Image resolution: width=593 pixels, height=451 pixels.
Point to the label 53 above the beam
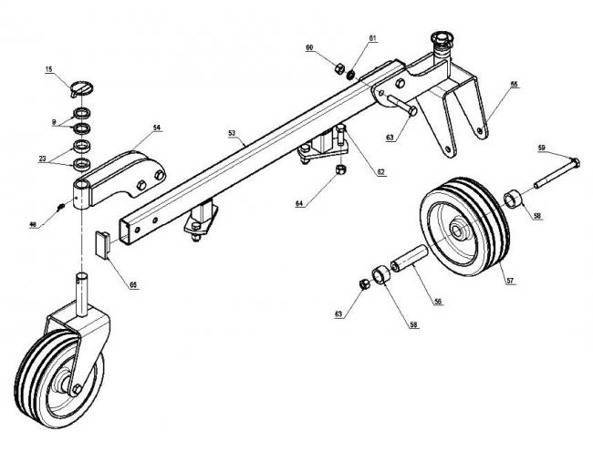pyautogui.click(x=233, y=133)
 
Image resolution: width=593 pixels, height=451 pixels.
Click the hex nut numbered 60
pyautogui.click(x=336, y=68)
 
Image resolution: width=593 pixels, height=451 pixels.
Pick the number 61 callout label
pyautogui.click(x=347, y=37)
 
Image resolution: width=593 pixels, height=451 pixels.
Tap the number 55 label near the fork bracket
pyautogui.click(x=514, y=85)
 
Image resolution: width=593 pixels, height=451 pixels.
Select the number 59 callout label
pyautogui.click(x=540, y=148)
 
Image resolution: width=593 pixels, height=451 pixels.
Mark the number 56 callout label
pyautogui.click(x=438, y=302)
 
